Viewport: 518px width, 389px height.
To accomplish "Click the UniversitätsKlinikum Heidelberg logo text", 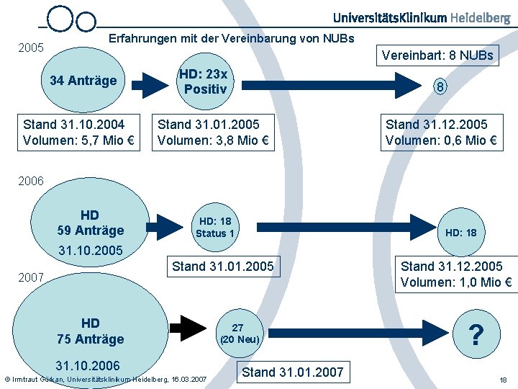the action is (422, 17).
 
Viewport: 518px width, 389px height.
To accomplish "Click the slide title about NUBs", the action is (231, 37).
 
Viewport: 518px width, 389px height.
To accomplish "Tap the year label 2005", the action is (30, 49).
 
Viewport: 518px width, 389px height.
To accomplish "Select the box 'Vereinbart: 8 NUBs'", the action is (437, 55).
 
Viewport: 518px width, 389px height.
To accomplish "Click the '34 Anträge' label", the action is (83, 80).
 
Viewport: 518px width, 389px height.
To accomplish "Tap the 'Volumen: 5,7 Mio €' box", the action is (75, 132).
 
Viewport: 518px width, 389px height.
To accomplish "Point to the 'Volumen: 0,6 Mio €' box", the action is (441, 132).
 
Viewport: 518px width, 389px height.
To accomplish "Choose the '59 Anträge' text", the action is (90, 231).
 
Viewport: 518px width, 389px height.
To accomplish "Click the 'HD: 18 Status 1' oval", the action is (215, 227).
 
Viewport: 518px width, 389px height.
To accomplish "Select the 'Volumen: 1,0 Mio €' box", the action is (456, 274).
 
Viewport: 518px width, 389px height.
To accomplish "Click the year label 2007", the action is (31, 277).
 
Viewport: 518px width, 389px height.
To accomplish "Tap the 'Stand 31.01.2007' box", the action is (293, 372).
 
